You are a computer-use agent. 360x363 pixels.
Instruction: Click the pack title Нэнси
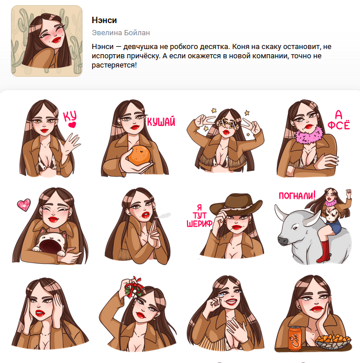click(x=104, y=20)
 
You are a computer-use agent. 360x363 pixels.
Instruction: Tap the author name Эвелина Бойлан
click(x=121, y=33)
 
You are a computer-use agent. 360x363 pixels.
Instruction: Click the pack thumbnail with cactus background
click(x=47, y=41)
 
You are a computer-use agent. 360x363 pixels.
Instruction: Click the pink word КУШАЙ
click(x=161, y=122)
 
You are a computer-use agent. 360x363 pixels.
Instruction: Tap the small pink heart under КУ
click(x=72, y=125)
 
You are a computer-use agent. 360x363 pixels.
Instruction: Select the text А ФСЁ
click(x=339, y=119)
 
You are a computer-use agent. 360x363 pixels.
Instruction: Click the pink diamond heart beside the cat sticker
click(x=24, y=205)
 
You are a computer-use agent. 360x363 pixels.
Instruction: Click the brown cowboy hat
click(x=235, y=204)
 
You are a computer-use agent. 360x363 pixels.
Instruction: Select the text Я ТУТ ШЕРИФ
click(x=200, y=216)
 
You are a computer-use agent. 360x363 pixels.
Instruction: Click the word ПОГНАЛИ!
click(x=297, y=196)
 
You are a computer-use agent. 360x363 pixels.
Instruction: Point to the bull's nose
click(x=282, y=240)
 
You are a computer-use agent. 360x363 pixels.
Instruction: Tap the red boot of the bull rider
click(x=323, y=252)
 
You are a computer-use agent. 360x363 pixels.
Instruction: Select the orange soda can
click(x=295, y=338)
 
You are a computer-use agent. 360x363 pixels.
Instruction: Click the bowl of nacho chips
click(x=333, y=341)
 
